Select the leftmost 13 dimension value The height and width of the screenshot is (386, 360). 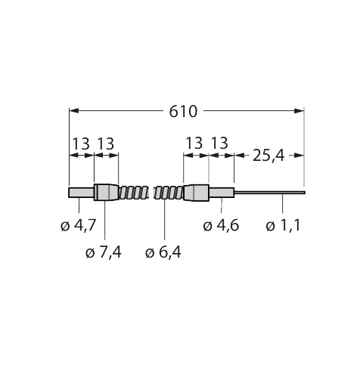click(x=81, y=144)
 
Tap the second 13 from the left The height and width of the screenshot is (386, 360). click(x=107, y=144)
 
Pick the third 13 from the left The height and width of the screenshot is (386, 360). click(x=194, y=144)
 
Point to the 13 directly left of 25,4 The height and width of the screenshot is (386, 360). click(x=221, y=144)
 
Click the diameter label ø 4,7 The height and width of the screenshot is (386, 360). click(x=76, y=225)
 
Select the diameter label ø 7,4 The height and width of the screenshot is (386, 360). click(x=104, y=252)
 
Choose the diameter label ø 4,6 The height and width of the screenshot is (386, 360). click(x=222, y=225)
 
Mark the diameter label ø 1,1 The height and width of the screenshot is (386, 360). click(x=284, y=225)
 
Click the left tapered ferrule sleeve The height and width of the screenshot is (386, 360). click(x=106, y=193)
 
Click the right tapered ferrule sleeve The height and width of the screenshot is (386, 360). click(x=196, y=193)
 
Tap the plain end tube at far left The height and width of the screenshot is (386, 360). click(x=81, y=193)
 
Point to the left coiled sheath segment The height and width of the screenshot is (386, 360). click(x=133, y=193)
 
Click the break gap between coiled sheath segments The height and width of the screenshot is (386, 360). click(x=151, y=193)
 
